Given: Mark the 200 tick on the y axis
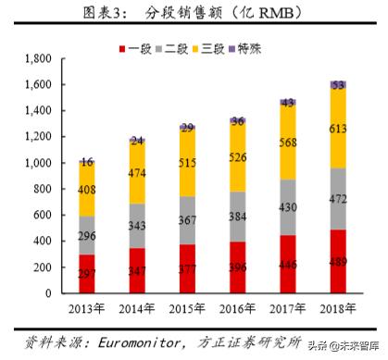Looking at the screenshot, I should (41, 267).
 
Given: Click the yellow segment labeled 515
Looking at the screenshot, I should (189, 163).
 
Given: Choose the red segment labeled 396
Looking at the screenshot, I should (238, 268).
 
